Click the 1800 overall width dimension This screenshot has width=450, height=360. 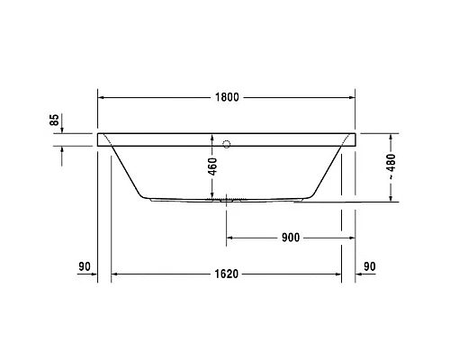pos(228,97)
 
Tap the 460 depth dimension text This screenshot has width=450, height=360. pos(213,168)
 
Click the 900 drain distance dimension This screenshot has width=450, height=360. pos(289,238)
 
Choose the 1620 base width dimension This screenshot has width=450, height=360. pos(226,275)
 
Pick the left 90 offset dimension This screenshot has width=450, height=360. pos(85,266)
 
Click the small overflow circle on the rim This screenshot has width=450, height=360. pos(227,141)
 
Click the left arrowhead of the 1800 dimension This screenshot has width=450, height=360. pos(101,97)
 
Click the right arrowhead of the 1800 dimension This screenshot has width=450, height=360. pos(353,97)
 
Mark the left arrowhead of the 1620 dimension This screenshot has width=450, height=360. pos(114,275)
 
